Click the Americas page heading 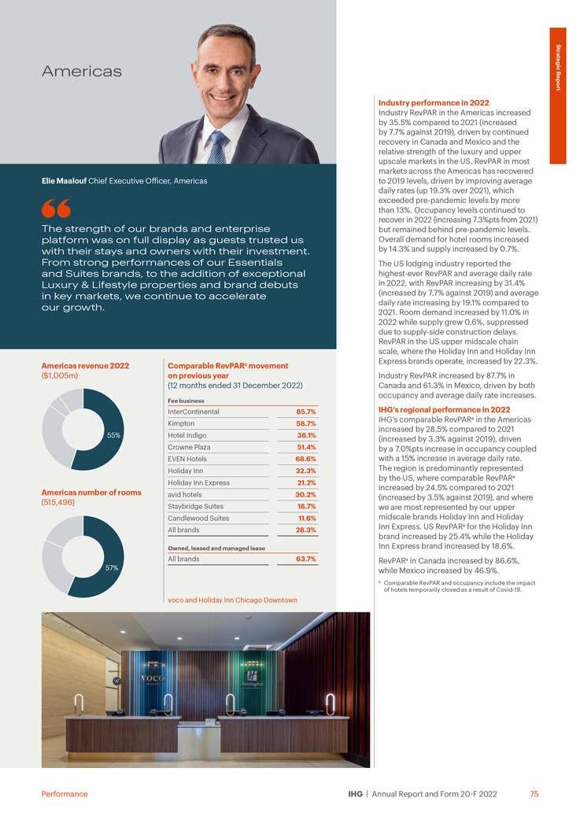tap(82, 72)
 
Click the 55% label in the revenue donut tap(113, 435)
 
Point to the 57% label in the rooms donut tap(113, 567)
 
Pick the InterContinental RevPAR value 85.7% tap(305, 412)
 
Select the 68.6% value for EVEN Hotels tap(305, 459)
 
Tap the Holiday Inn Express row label tap(199, 482)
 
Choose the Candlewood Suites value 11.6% tap(306, 518)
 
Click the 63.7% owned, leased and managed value tap(305, 559)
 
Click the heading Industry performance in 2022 tap(434, 103)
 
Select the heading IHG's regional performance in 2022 tap(444, 410)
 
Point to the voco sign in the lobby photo tap(151, 678)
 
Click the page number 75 tap(534, 794)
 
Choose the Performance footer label tap(65, 794)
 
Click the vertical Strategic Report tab tap(558, 67)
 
